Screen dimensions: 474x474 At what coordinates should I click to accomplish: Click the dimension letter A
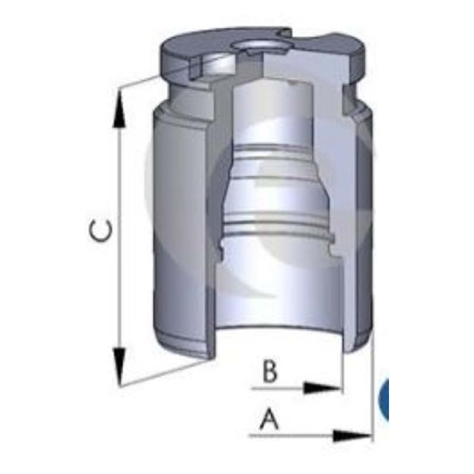coord(269,419)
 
